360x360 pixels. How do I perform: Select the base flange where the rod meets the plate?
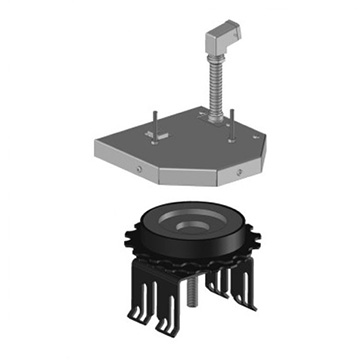(x=213, y=117)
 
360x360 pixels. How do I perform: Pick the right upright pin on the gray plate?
(x=232, y=112)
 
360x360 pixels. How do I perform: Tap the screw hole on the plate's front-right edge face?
(x=241, y=173)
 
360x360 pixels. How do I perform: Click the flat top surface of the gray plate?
(x=190, y=145)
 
